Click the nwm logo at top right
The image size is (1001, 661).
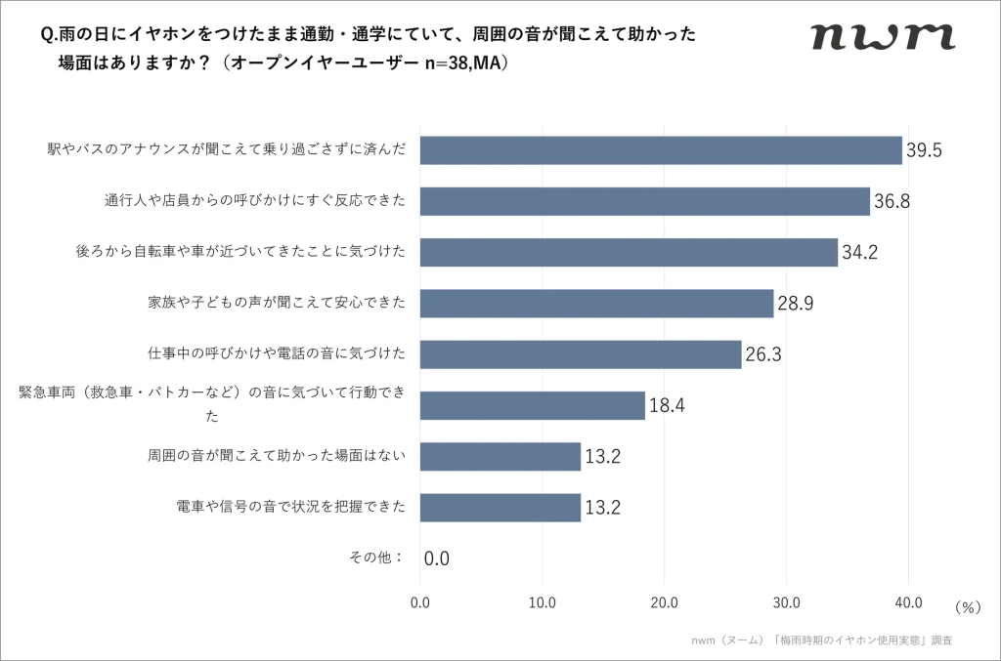pos(883,36)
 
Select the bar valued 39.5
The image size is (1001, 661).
pos(661,150)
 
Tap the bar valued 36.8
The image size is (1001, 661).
pos(645,201)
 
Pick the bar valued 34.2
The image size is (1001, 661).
pos(629,252)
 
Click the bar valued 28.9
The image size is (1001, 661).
pos(596,303)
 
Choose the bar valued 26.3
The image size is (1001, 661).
pos(581,353)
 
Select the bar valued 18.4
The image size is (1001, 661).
pos(533,405)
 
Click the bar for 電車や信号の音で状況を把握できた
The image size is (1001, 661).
pos(500,507)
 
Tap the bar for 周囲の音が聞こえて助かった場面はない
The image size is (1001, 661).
pos(500,456)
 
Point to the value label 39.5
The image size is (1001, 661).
pos(924,151)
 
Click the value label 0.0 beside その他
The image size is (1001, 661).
pos(437,559)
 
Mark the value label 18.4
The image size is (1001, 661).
pos(667,405)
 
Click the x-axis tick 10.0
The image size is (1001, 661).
pos(543,602)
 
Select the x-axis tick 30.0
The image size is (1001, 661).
pos(786,602)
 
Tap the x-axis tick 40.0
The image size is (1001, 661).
pos(908,602)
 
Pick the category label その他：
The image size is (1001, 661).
pos(376,558)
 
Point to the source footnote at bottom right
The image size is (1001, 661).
pos(821,640)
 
